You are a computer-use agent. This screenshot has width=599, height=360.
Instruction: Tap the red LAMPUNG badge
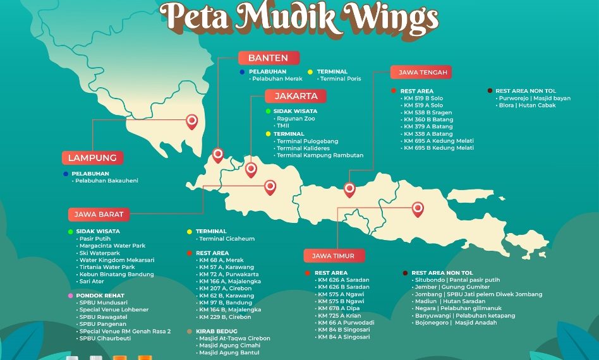(x=92, y=157)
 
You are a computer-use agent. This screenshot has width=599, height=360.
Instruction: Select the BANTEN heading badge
(x=268, y=58)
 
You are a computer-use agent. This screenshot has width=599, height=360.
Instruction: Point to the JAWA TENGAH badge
(x=422, y=73)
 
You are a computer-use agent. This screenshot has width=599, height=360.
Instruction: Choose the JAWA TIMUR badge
(x=337, y=256)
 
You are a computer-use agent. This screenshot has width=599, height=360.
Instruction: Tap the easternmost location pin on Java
(x=418, y=208)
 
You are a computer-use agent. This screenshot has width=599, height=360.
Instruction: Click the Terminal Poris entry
(x=341, y=79)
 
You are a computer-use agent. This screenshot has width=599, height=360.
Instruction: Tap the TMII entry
(x=283, y=126)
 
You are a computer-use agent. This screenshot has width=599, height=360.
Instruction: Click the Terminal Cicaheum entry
(x=227, y=239)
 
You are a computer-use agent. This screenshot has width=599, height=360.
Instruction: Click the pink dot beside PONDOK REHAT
(x=70, y=295)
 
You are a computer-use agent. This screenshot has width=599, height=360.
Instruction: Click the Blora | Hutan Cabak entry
(x=527, y=105)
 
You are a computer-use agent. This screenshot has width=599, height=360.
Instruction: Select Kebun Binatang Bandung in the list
(x=116, y=274)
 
